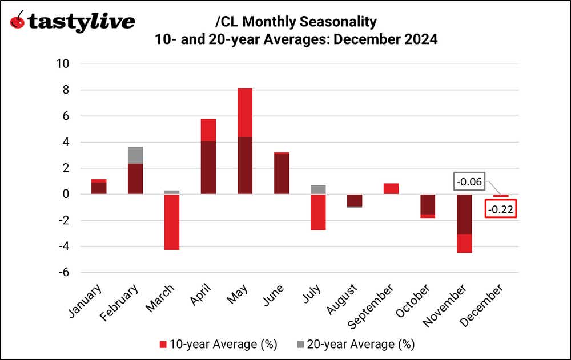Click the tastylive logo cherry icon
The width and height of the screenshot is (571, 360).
pyautogui.click(x=18, y=21)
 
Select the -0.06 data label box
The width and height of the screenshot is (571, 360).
pyautogui.click(x=469, y=182)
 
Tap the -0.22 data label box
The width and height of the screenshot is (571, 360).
pyautogui.click(x=501, y=209)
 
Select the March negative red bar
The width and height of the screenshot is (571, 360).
pyautogui.click(x=171, y=222)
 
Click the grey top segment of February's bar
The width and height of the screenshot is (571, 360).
pyautogui.click(x=135, y=155)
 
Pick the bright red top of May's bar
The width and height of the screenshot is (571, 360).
pyautogui.click(x=245, y=112)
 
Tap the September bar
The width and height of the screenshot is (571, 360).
pyautogui.click(x=391, y=189)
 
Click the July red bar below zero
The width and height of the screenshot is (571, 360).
pyautogui.click(x=318, y=212)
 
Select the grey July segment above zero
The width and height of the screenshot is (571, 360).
pyautogui.click(x=318, y=189)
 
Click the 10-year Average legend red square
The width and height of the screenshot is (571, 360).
pyautogui.click(x=164, y=344)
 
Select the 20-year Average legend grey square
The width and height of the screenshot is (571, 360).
pyautogui.click(x=300, y=344)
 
